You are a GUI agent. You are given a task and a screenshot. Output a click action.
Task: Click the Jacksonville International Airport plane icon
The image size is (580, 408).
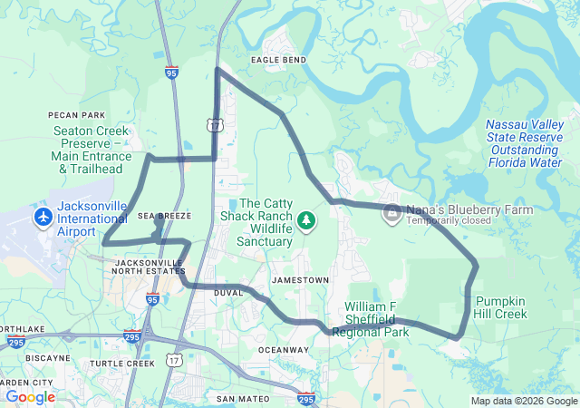43,218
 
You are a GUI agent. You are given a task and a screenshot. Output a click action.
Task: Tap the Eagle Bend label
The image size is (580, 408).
278,60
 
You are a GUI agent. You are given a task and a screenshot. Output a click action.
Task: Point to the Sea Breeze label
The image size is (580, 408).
164,217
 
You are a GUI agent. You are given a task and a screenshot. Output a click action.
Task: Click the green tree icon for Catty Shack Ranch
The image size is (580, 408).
307,219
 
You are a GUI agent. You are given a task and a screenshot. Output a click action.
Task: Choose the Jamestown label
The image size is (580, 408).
300,280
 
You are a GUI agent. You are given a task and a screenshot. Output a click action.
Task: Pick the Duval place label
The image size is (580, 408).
228,293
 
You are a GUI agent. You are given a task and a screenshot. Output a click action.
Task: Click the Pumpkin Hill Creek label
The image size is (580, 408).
500,307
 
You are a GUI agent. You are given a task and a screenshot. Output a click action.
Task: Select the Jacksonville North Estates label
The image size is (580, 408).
150,268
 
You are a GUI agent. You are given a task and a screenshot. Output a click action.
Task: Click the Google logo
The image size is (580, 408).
30,396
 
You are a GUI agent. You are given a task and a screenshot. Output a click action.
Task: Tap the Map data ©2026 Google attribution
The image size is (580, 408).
524,401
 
